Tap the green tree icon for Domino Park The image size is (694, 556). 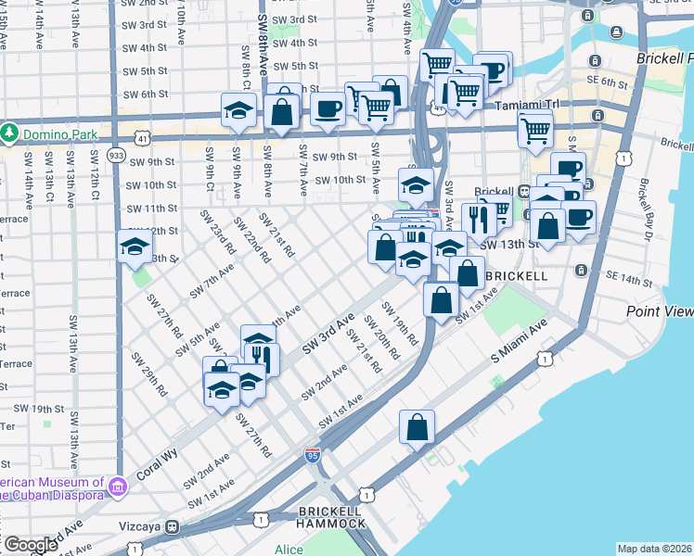[9, 133]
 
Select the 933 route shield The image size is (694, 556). [116, 155]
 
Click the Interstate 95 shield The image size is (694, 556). [314, 455]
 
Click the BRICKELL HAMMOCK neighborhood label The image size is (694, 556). [330, 517]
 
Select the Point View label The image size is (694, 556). [660, 312]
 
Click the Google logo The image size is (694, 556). [31, 545]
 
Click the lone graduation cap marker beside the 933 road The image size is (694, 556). [135, 246]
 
